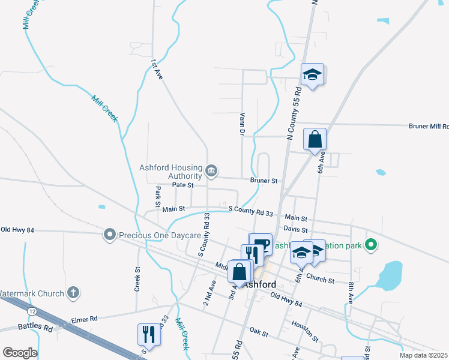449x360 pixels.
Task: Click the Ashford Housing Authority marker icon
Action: [211, 172]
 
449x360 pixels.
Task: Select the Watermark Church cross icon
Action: [73, 293]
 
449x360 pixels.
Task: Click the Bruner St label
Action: [264, 181]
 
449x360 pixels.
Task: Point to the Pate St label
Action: [182, 185]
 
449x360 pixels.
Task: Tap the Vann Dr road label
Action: [243, 124]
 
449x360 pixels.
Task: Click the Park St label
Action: [158, 194]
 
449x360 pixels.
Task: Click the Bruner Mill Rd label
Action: [428, 127]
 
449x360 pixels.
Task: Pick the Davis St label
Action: [296, 230]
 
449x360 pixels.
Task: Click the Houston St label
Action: [304, 325]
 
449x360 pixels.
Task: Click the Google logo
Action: [20, 353]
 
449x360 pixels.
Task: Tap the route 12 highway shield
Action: [32, 311]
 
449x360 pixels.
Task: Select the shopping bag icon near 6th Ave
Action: [315, 140]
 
